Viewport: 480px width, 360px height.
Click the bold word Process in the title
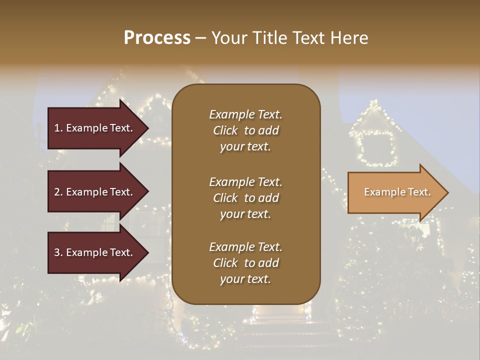pos(157,37)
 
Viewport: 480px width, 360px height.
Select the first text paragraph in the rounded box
pos(245,130)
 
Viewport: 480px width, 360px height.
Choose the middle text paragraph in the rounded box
pos(245,198)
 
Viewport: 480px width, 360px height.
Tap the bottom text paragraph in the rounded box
pos(245,263)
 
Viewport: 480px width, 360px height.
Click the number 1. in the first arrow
pos(58,128)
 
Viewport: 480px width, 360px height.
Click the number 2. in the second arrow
pos(58,192)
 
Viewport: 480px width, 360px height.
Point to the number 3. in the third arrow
pos(58,252)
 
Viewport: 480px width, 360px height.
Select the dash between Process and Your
pos(201,38)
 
